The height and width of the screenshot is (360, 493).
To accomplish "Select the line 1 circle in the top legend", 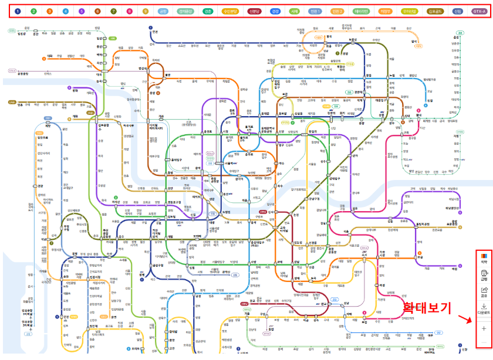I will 17,11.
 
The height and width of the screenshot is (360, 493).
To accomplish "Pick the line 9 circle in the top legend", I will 144,11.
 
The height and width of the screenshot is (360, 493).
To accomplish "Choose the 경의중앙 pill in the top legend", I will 185,11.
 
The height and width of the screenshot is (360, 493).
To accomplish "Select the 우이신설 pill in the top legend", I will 408,11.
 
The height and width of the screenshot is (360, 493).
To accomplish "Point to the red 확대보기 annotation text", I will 427,307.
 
